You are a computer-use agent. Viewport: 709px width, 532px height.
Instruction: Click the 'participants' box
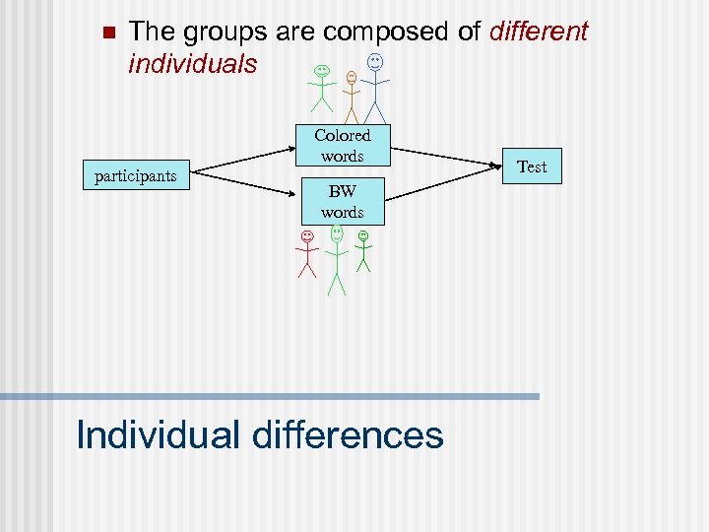pyautogui.click(x=136, y=176)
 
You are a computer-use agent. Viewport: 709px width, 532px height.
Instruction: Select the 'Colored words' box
pyautogui.click(x=342, y=146)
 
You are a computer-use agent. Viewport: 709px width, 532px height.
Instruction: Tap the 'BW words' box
pyautogui.click(x=342, y=203)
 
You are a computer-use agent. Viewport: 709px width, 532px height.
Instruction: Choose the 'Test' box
pyautogui.click(x=532, y=166)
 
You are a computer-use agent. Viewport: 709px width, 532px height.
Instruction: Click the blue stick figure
pyautogui.click(x=375, y=89)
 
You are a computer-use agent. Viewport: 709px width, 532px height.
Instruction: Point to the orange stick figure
pyautogui.click(x=352, y=96)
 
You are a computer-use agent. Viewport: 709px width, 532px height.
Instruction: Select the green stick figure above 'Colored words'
pyautogui.click(x=322, y=89)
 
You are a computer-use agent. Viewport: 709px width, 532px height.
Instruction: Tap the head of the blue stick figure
pyautogui.click(x=375, y=62)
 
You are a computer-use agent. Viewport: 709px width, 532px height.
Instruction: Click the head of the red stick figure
pyautogui.click(x=307, y=236)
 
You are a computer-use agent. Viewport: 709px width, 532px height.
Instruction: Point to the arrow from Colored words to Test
pyautogui.click(x=448, y=156)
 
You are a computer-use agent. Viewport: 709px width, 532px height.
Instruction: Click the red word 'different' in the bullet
pyautogui.click(x=538, y=32)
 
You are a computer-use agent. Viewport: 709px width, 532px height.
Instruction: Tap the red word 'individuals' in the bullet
pyautogui.click(x=192, y=64)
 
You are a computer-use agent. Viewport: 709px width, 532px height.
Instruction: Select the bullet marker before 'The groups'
pyautogui.click(x=108, y=32)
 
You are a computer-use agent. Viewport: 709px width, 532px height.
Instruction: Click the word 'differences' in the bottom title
pyautogui.click(x=349, y=434)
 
